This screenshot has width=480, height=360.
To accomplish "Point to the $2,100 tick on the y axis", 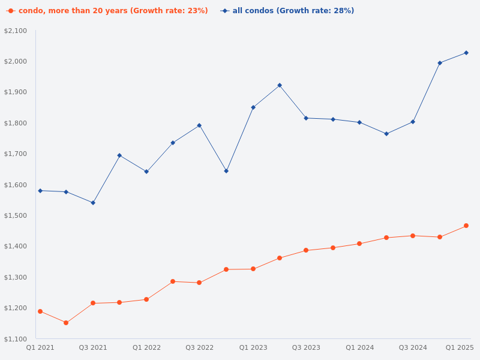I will [16, 31].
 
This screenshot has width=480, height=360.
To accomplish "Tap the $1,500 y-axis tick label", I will [16, 215].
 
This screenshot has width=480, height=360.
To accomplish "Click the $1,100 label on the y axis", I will [16, 339].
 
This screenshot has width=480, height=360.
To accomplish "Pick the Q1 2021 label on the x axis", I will [40, 347].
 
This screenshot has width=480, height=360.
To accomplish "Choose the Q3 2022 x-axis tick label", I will [199, 347].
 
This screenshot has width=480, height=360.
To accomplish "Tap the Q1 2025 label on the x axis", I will [460, 347].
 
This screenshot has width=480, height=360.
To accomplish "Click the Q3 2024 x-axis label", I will [413, 347].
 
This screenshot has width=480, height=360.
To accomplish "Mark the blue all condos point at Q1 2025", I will [466, 53].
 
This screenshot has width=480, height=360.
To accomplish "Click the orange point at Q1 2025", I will [466, 226].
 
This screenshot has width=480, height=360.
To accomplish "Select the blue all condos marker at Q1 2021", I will [40, 191].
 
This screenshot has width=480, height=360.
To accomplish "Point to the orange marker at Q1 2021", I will [40, 311].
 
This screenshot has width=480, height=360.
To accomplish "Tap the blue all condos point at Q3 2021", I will [93, 203].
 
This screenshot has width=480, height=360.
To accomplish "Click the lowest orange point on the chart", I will [66, 323].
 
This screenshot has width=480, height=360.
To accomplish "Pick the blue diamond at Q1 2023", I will [253, 107].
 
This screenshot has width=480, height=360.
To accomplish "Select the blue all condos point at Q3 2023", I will [306, 118].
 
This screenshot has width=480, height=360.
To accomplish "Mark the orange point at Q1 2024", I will [359, 244].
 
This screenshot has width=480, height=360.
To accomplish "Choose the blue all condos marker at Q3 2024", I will [413, 122].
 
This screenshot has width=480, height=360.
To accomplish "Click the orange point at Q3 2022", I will [199, 283].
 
